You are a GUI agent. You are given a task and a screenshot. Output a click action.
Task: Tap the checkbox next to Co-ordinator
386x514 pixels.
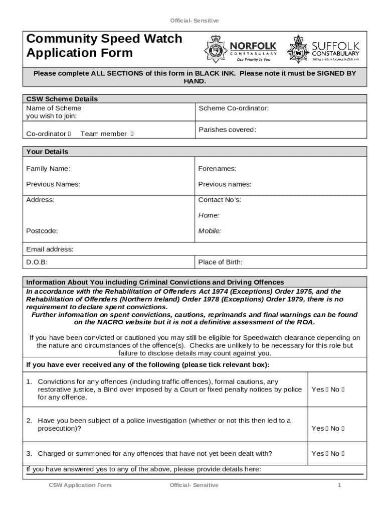point(69,134)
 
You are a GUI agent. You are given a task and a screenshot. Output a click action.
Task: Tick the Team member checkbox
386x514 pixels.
point(132,134)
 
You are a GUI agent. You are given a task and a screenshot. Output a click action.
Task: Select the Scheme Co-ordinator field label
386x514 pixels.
point(234,108)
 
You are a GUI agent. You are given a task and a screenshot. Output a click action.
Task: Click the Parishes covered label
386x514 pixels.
point(227,130)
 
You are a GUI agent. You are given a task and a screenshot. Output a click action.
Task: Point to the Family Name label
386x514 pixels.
point(48,169)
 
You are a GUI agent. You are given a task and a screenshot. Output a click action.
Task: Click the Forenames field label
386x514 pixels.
point(217,169)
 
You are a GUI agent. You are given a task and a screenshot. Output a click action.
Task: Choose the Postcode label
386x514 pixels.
point(42,231)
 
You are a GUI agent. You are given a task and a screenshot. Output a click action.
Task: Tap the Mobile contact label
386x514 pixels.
point(210,231)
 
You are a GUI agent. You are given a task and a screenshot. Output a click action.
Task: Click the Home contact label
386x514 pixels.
point(209,215)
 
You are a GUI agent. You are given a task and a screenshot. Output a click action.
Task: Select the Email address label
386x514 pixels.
point(50,249)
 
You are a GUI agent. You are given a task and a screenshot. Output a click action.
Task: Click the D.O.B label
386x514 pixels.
point(37,262)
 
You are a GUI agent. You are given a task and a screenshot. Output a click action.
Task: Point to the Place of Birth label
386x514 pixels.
point(220,262)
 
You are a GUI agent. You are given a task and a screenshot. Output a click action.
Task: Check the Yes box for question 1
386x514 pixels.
point(326,390)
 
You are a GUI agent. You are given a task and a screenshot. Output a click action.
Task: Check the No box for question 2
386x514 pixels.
point(343,429)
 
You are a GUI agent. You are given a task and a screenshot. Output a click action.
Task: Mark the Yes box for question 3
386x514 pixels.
point(326,454)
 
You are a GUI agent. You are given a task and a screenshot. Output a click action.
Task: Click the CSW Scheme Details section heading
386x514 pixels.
point(62,99)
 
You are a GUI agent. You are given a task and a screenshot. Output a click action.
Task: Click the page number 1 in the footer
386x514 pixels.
point(339,485)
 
